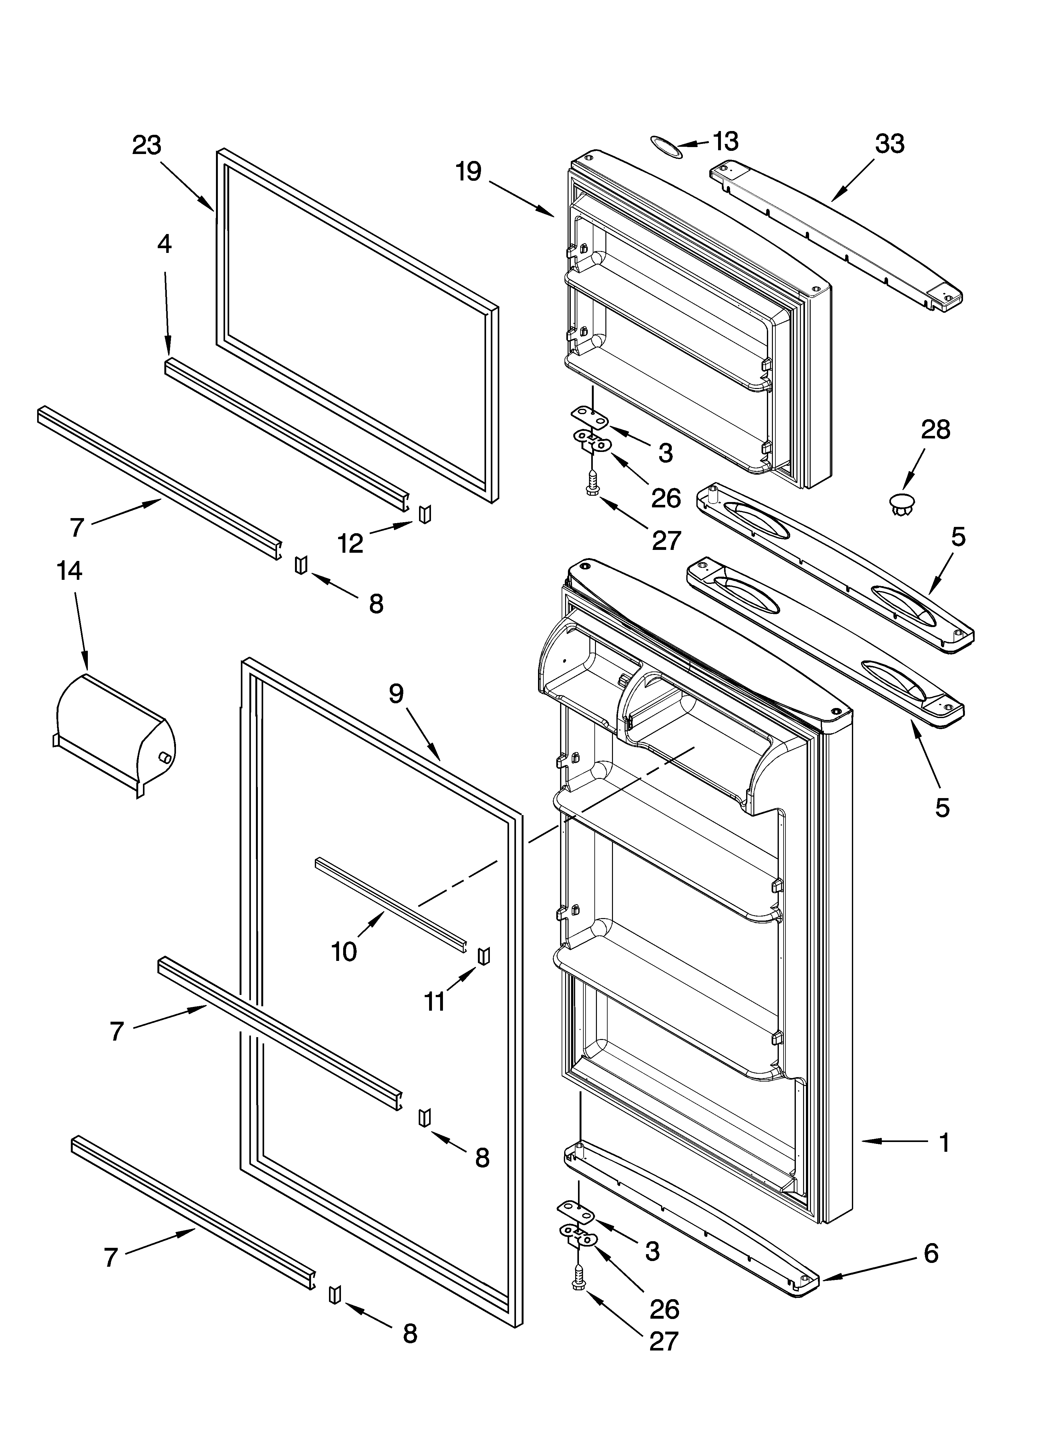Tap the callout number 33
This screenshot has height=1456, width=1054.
click(889, 144)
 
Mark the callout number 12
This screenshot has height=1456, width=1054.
click(350, 543)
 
